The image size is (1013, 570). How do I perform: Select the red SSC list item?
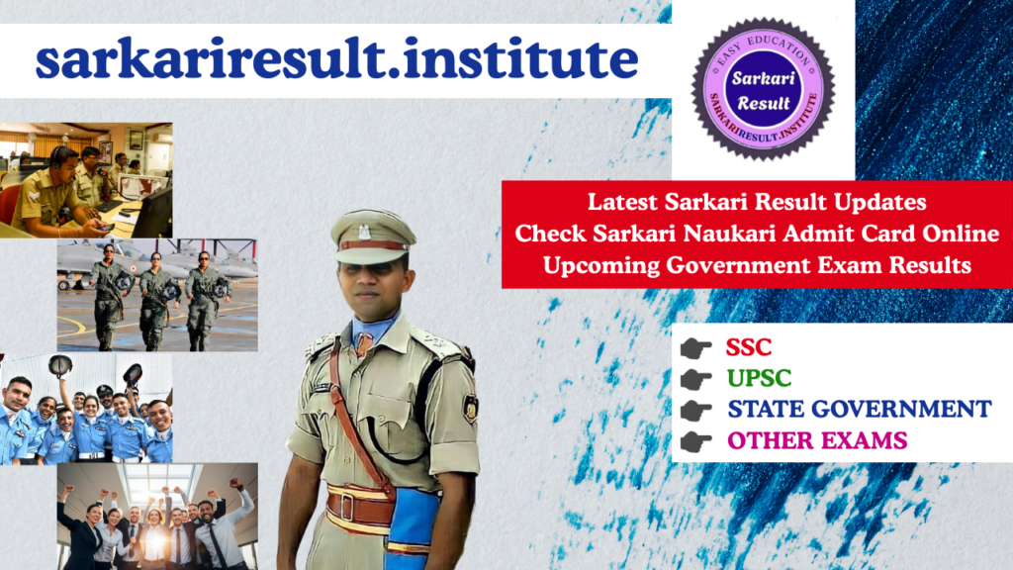click(x=749, y=347)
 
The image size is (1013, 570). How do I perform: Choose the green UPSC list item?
click(x=759, y=378)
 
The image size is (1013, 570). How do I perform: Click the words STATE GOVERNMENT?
click(x=859, y=409)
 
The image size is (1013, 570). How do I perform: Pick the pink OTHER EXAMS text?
click(x=817, y=440)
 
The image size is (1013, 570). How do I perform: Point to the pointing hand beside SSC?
click(x=696, y=348)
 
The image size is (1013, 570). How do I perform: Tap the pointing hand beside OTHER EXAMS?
click(x=696, y=441)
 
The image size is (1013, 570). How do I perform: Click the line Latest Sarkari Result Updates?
click(x=757, y=202)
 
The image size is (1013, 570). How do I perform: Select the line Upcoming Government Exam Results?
click(x=757, y=265)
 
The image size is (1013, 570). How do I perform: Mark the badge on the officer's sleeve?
click(x=470, y=407)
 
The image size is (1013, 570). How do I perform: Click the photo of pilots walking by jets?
click(x=157, y=295)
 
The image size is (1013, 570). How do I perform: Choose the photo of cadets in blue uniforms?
click(x=86, y=408)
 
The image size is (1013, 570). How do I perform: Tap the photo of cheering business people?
click(x=157, y=516)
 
